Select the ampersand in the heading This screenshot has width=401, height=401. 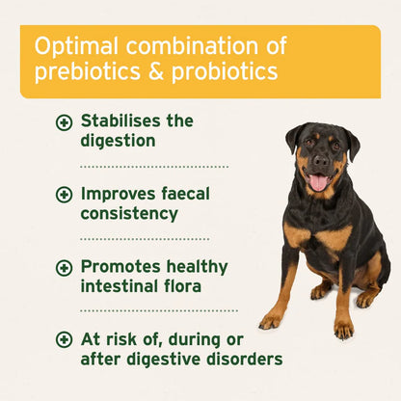pos(150,72)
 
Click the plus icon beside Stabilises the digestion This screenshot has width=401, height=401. pos(65,122)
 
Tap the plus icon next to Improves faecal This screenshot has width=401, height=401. pos(65,194)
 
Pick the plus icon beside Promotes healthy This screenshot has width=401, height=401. pos(65,266)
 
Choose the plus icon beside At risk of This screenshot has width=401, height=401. pos(65,339)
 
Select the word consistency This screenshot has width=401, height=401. pos(129,212)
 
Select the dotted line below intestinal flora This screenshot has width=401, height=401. pos(159,310)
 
